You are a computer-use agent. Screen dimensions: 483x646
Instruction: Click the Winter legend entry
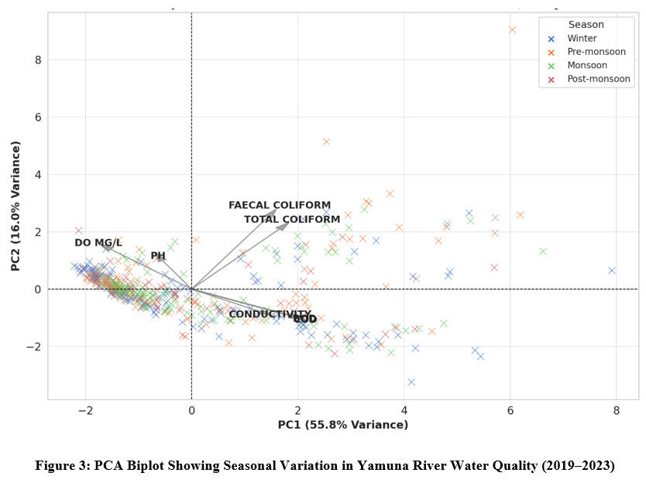point(582,38)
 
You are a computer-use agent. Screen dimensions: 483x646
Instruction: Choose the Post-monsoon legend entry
point(594,79)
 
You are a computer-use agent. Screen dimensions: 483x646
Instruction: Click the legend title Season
point(586,25)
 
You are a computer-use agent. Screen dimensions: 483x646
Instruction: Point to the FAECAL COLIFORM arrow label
point(280,205)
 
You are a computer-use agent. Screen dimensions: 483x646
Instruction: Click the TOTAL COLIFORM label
point(292,220)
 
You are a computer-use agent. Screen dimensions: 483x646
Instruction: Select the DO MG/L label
point(98,243)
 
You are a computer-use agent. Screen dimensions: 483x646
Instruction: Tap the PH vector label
point(158,255)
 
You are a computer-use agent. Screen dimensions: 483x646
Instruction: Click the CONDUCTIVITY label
point(269,314)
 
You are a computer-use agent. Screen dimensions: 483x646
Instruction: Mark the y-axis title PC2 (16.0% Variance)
point(15,205)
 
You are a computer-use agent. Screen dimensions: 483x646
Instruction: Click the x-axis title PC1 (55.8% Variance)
point(342,425)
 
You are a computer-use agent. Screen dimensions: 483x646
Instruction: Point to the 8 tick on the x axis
point(616,410)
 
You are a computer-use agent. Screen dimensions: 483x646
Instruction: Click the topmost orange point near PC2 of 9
point(512,30)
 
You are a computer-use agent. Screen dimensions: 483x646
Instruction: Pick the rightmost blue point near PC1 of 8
point(612,271)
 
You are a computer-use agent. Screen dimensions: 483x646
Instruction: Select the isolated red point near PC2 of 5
point(326,142)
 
